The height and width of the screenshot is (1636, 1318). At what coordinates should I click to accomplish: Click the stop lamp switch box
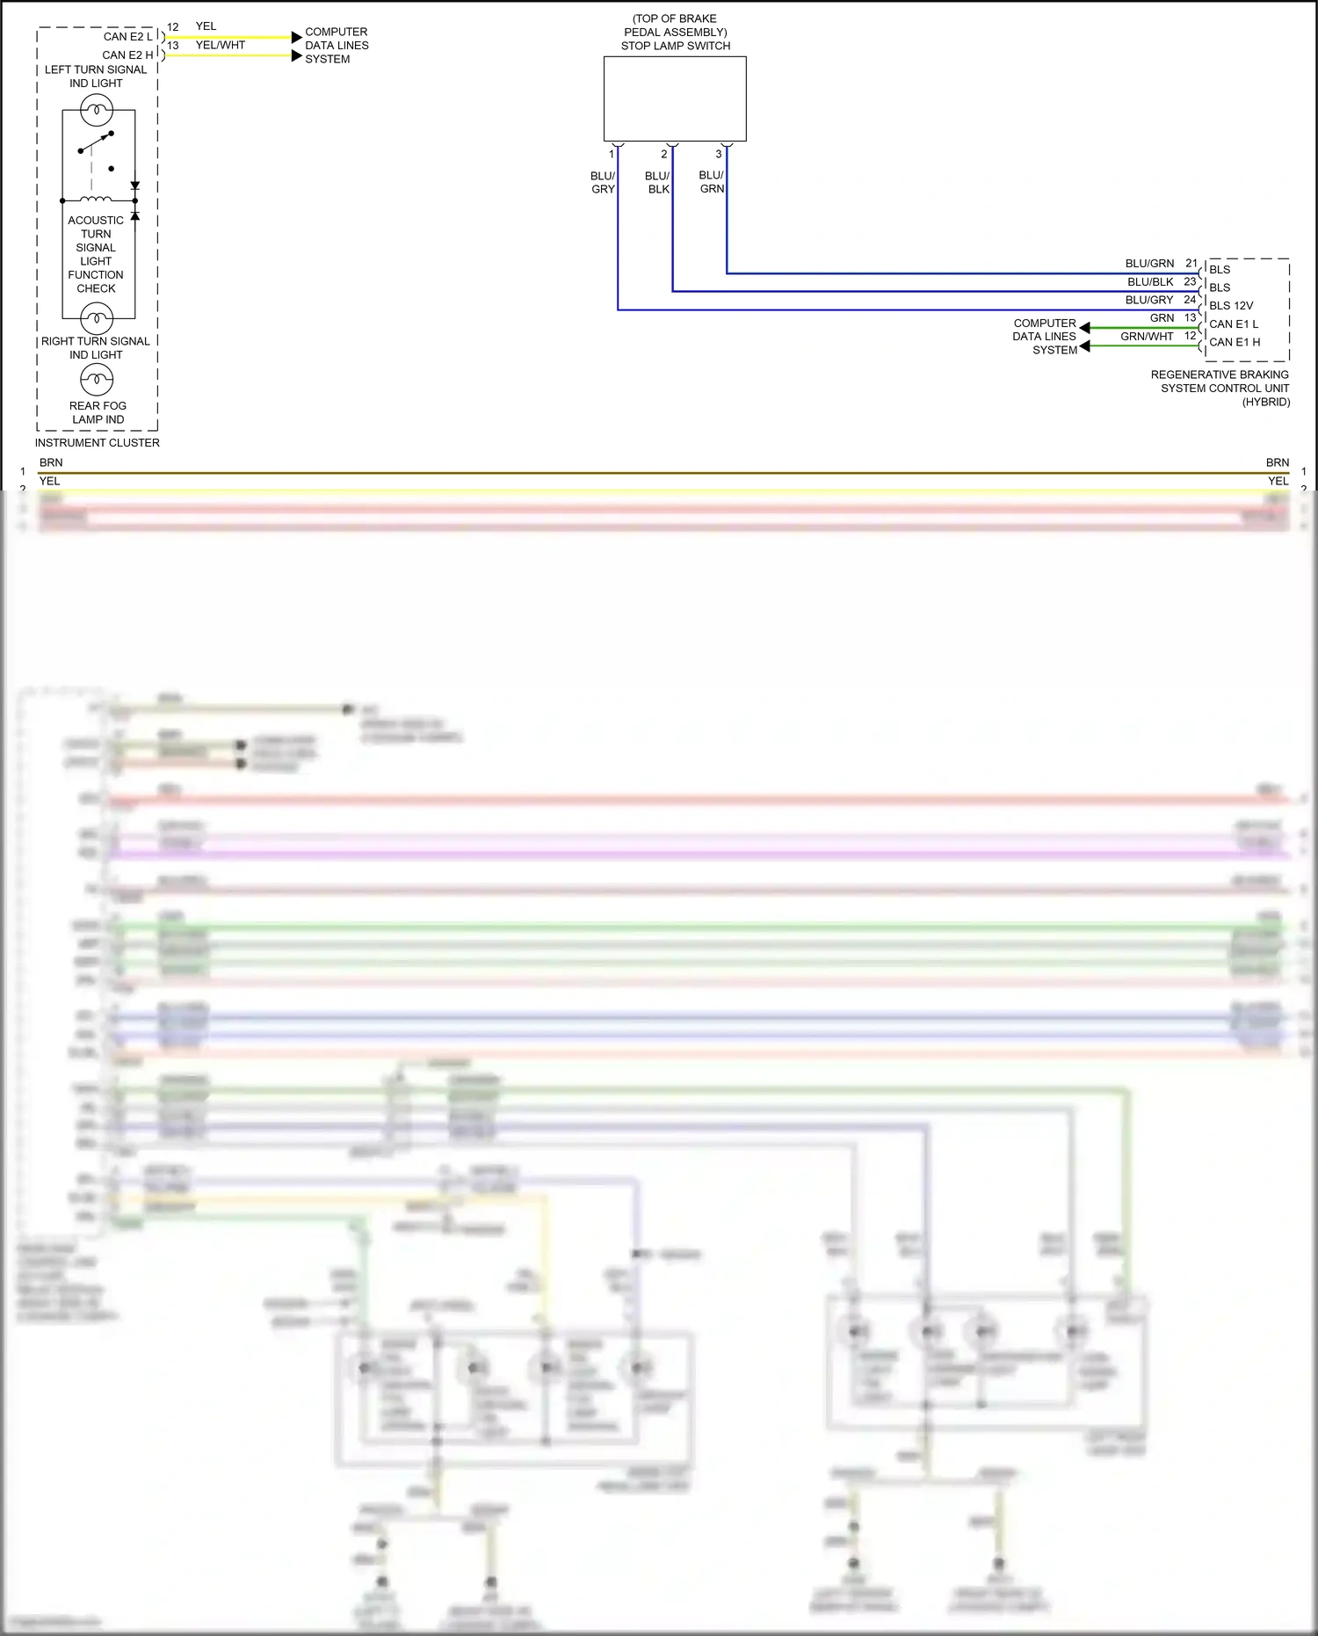click(x=675, y=98)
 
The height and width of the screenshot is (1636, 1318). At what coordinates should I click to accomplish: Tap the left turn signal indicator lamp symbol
click(x=97, y=111)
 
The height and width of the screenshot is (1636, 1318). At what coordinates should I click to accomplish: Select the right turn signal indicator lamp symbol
click(x=97, y=317)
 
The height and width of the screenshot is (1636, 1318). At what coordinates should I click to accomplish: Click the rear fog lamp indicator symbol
click(x=97, y=380)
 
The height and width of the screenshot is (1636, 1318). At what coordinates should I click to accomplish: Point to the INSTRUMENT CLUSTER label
click(x=98, y=443)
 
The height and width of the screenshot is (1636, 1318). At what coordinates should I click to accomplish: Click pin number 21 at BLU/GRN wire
click(x=1191, y=263)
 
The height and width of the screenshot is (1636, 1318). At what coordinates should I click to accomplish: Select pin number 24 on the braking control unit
click(x=1190, y=300)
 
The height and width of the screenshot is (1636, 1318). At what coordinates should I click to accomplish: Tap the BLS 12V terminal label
click(x=1231, y=306)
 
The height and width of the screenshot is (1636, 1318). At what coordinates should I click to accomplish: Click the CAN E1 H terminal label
click(x=1235, y=342)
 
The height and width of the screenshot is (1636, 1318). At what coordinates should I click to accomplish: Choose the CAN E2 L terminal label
click(x=127, y=37)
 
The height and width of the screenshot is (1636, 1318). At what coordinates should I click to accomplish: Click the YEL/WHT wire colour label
click(x=221, y=45)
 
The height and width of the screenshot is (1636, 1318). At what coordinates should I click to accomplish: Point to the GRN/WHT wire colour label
click(x=1147, y=337)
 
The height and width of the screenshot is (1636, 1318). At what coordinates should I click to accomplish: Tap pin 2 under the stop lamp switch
click(x=664, y=154)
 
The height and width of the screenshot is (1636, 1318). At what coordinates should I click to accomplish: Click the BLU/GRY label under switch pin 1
click(x=603, y=182)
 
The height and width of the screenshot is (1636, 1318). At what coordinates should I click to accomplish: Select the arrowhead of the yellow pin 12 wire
click(x=297, y=38)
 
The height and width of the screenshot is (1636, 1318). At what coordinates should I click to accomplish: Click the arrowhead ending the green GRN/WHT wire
click(x=1085, y=346)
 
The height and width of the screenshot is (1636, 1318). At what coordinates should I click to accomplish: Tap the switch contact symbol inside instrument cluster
click(x=96, y=142)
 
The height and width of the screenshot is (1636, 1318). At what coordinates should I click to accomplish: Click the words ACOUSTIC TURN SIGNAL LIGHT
click(x=96, y=241)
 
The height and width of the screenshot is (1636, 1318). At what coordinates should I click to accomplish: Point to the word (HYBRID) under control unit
click(x=1265, y=402)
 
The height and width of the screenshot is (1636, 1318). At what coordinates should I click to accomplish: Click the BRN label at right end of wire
click(x=1277, y=462)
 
